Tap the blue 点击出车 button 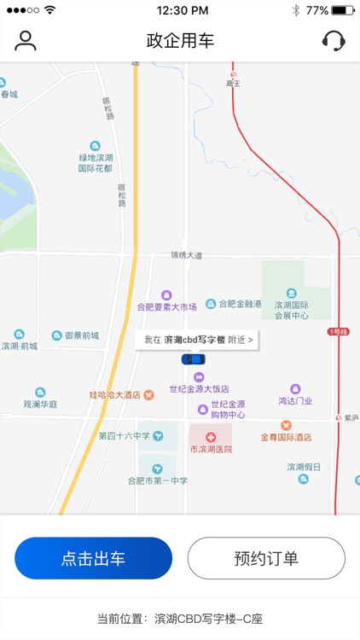(93, 559)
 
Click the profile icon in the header (26, 41)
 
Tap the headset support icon (334, 41)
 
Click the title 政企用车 (180, 41)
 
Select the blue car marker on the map (194, 359)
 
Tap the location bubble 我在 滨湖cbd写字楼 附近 (198, 340)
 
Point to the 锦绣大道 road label (186, 255)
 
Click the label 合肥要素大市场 (167, 306)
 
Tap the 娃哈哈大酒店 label (114, 395)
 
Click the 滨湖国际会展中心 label (291, 309)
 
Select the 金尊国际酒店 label (286, 437)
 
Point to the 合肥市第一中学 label (158, 480)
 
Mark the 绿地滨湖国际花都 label (95, 163)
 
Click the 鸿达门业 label (295, 400)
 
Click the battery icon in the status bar (343, 11)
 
